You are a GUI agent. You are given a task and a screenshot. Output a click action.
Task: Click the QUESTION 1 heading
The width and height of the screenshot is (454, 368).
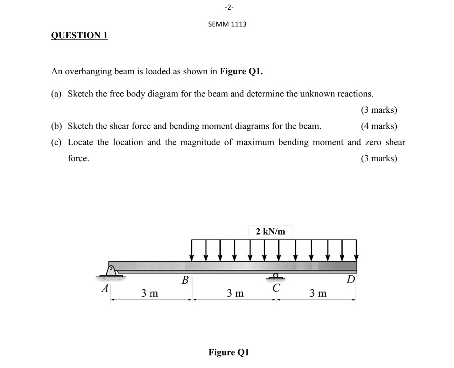click(x=79, y=36)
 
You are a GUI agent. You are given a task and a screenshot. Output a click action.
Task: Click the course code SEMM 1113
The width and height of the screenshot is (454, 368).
click(x=227, y=24)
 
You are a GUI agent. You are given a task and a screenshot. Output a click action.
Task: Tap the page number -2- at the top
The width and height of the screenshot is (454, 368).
click(x=227, y=7)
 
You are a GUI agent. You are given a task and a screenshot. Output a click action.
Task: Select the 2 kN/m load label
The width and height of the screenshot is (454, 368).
click(x=270, y=231)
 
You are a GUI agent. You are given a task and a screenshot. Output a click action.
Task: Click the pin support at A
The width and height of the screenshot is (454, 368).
click(x=111, y=271)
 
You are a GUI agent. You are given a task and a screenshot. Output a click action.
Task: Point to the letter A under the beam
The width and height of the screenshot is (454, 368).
click(x=105, y=289)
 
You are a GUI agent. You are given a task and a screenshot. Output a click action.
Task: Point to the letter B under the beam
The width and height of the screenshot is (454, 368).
click(x=185, y=279)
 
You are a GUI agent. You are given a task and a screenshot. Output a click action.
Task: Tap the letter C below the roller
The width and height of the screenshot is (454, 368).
click(x=276, y=288)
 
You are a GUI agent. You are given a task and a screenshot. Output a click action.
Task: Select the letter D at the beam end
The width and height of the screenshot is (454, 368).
click(x=351, y=279)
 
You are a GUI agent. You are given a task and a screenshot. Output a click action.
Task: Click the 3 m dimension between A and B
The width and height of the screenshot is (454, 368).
click(x=150, y=293)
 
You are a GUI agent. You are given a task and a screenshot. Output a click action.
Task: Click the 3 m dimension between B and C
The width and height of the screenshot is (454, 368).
click(x=235, y=293)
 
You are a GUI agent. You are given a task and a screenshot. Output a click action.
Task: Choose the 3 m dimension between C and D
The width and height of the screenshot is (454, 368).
click(x=318, y=293)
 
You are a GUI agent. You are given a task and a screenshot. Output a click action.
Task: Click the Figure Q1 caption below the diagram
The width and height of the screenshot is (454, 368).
click(x=229, y=352)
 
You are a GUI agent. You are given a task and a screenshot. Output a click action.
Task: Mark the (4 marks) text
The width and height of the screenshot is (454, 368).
click(x=379, y=126)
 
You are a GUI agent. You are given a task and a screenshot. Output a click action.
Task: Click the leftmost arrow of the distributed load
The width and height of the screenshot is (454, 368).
click(x=192, y=250)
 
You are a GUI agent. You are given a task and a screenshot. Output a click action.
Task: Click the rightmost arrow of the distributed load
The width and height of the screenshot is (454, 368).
click(x=356, y=250)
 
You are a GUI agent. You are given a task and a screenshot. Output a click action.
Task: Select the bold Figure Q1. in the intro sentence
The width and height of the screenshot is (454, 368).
click(x=242, y=71)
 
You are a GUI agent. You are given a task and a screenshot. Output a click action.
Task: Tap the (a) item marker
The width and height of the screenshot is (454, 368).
click(x=56, y=93)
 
